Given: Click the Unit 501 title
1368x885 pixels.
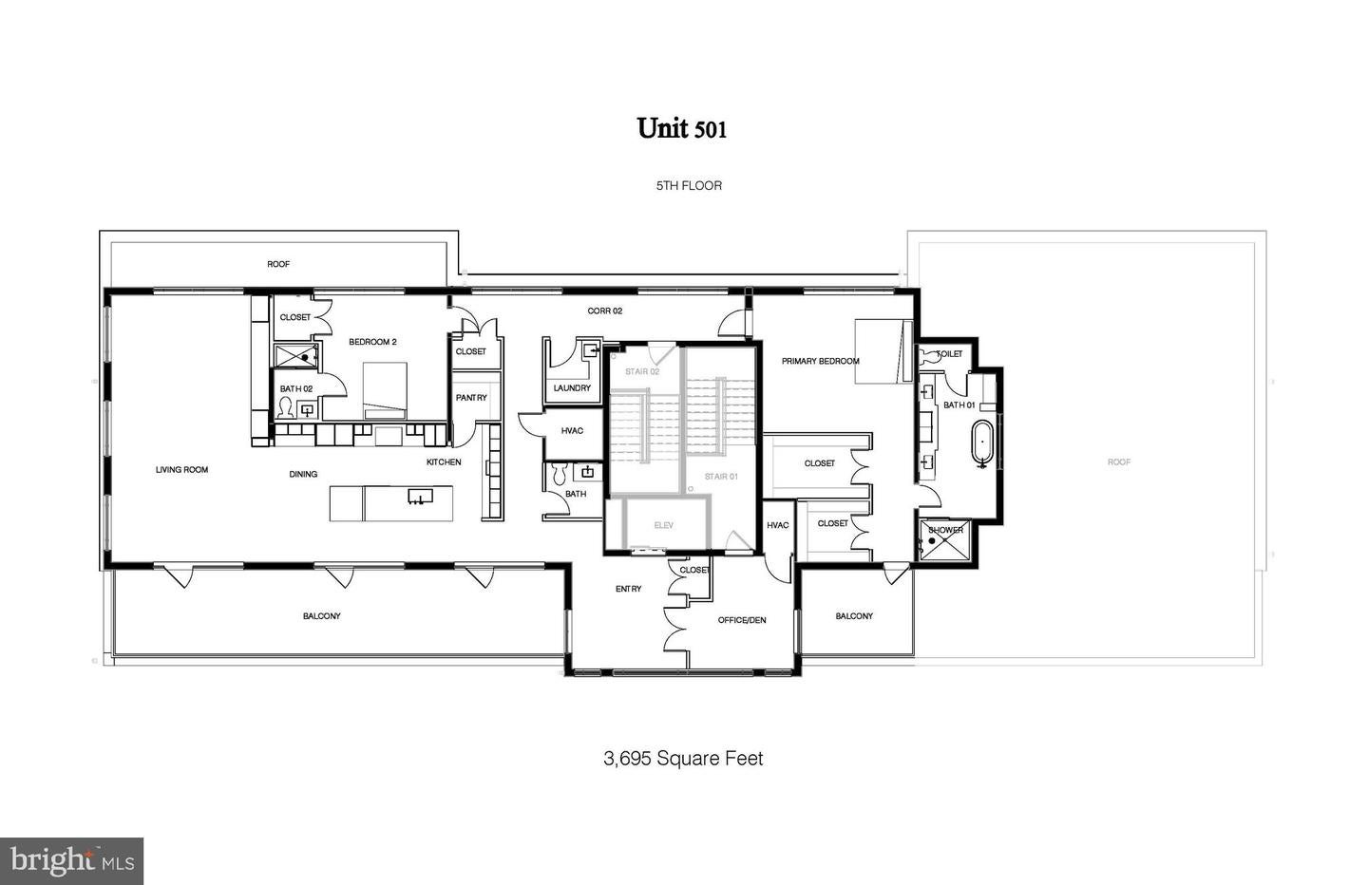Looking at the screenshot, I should [682, 128].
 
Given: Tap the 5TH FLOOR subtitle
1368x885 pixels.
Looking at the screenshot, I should [689, 186].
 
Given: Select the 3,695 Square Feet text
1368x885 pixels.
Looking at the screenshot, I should [683, 759].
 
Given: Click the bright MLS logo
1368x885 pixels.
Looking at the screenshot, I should [71, 861].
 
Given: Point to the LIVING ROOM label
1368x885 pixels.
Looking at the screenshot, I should [181, 470].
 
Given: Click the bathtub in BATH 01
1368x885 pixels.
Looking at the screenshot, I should [981, 446].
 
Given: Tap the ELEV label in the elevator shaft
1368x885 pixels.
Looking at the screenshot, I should [663, 525].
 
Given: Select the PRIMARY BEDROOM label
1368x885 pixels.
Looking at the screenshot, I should [820, 362].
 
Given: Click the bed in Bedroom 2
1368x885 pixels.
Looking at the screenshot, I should [385, 389].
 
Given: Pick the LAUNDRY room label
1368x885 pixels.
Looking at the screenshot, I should [572, 388].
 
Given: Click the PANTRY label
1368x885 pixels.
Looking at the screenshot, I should [471, 398].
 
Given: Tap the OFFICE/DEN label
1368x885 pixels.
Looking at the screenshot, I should [741, 620].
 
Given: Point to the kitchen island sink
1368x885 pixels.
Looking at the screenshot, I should [419, 497].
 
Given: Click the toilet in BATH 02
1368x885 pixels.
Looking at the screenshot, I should [285, 407].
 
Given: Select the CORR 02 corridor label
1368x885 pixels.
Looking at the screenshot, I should [604, 311].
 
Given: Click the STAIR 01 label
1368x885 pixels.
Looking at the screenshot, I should [720, 477].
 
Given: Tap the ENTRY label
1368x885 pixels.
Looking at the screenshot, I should [628, 589].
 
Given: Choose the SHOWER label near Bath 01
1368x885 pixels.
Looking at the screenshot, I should [945, 530].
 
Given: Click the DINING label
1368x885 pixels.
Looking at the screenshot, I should [303, 474].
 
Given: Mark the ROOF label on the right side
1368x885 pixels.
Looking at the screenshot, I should [1119, 462].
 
